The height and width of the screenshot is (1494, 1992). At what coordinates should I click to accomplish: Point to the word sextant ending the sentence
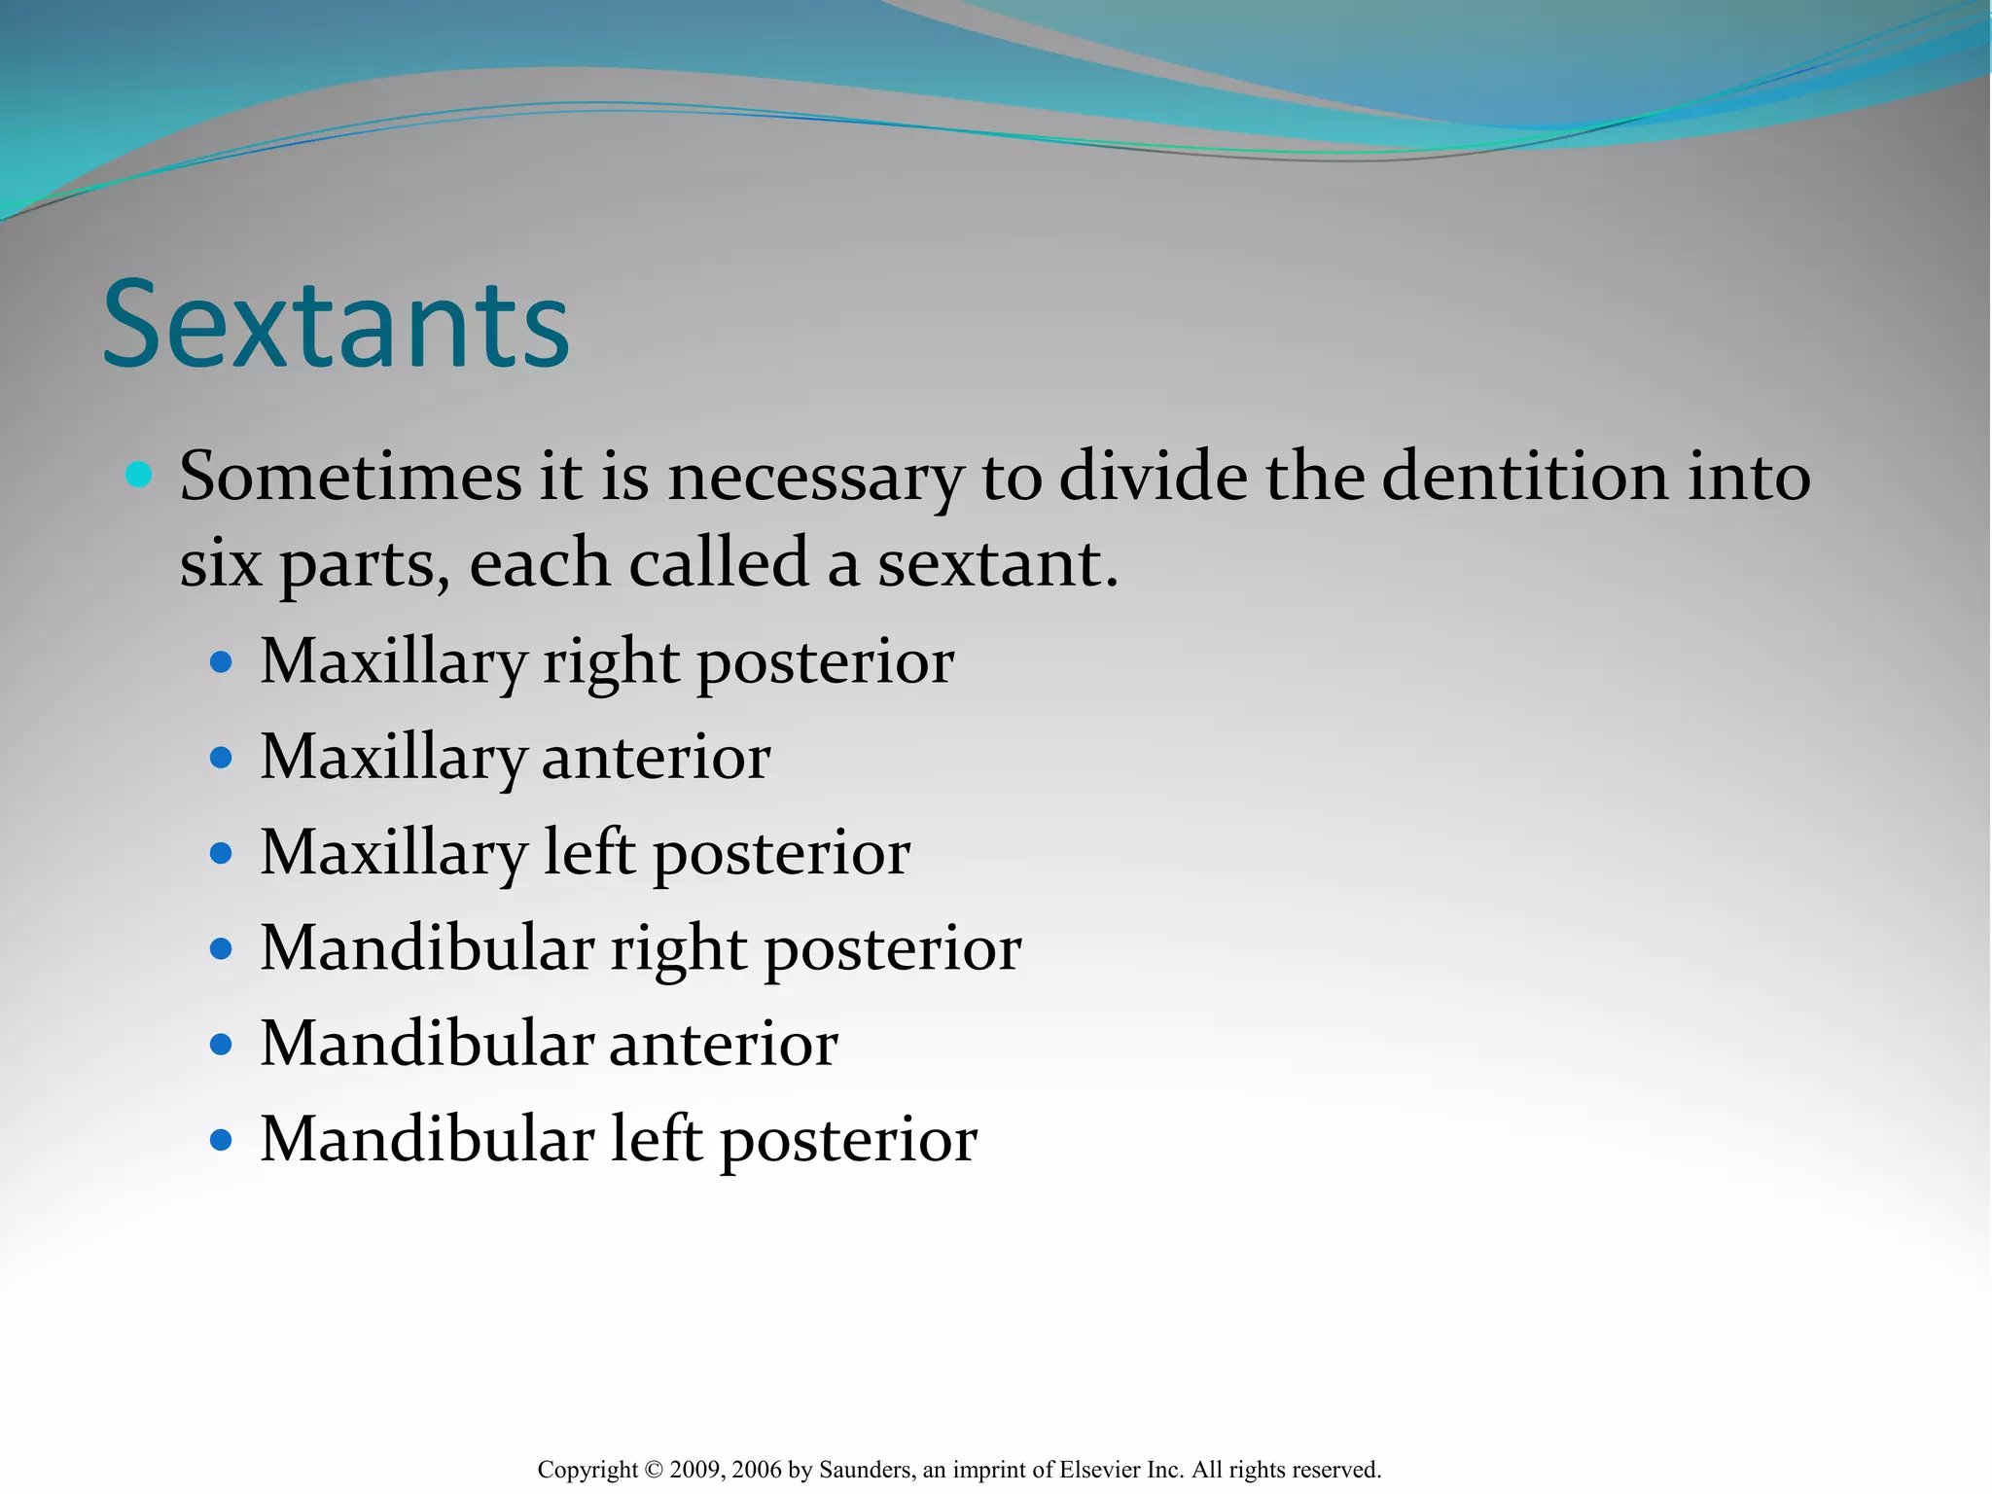pos(991,564)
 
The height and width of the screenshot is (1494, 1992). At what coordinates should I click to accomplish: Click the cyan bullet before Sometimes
pos(139,475)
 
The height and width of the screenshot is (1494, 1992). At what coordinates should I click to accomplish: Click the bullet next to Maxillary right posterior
pos(222,662)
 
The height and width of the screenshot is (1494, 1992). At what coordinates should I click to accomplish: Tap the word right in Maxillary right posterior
pos(611,664)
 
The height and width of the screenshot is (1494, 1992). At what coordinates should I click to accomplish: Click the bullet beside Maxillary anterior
pos(222,758)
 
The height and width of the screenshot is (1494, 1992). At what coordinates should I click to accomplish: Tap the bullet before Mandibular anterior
pos(222,1045)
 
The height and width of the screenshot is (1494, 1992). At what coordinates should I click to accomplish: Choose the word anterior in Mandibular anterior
pos(723,1044)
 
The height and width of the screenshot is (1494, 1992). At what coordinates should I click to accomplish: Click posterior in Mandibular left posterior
pos(848,1141)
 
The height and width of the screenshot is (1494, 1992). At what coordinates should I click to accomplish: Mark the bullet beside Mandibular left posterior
pos(222,1140)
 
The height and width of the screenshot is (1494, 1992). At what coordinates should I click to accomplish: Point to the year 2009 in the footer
pos(697,1470)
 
